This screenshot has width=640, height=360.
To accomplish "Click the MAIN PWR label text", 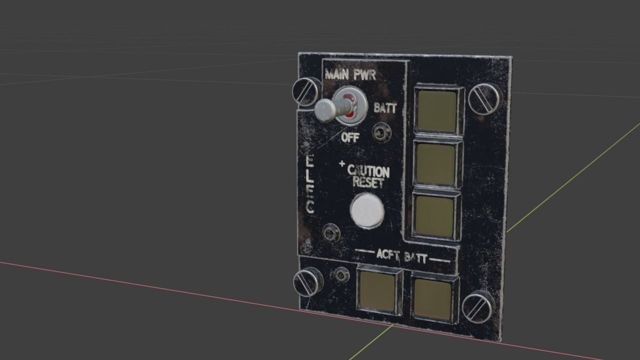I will click(350, 75).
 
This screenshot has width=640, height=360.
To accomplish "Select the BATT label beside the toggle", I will click(385, 108).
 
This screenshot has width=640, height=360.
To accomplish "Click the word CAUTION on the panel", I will click(368, 171).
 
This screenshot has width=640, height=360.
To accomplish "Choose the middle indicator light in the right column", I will click(435, 164).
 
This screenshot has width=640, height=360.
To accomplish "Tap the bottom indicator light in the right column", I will click(434, 215).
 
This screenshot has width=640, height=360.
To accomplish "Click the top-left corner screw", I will click(306, 91).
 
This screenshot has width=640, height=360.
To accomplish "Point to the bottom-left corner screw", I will click(307, 281).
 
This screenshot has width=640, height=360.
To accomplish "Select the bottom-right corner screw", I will click(477, 306).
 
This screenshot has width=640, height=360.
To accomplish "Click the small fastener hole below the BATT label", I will click(381, 132).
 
